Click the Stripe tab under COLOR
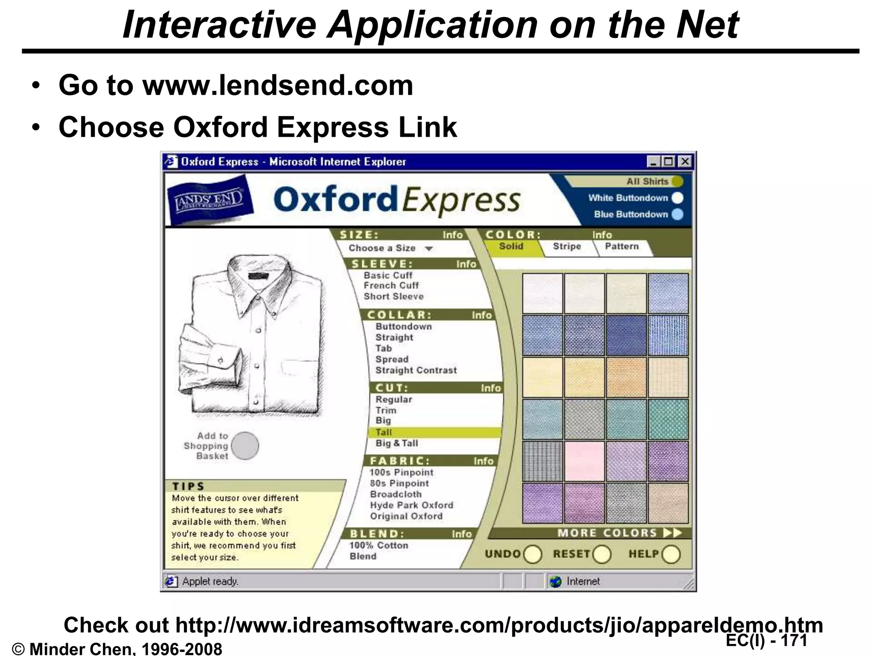567,246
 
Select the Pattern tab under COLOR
622,246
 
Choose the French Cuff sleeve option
391,285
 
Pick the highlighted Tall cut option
384,432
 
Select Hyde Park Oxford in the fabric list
411,505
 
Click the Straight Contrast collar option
416,370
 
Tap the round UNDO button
533,554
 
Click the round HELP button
671,554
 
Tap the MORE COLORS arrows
673,533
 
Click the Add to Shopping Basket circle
245,445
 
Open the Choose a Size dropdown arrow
429,249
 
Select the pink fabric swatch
584,461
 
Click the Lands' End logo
209,199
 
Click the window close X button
685,162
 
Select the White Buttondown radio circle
677,198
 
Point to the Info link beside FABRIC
483,461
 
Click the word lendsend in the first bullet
278,85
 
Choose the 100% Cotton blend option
379,545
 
